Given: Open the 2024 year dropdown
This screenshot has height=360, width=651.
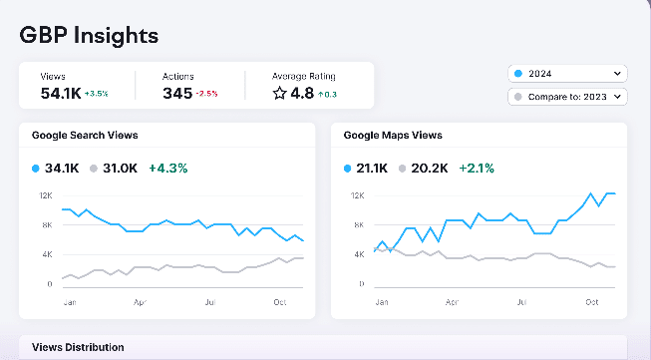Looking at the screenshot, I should pyautogui.click(x=566, y=74).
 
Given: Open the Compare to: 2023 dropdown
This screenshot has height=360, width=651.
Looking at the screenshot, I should pyautogui.click(x=566, y=97).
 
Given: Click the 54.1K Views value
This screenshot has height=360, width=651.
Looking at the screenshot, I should pyautogui.click(x=60, y=93).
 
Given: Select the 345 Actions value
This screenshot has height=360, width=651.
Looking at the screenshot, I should pyautogui.click(x=176, y=93).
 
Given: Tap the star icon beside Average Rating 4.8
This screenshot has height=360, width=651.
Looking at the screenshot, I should pyautogui.click(x=280, y=93).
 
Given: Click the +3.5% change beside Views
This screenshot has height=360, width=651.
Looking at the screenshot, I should pyautogui.click(x=97, y=94).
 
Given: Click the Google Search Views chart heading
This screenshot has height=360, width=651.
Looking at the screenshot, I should pyautogui.click(x=85, y=135).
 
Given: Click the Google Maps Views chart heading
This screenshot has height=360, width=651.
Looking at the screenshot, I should pyautogui.click(x=393, y=135).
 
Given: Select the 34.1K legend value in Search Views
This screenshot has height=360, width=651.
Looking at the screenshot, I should pyautogui.click(x=62, y=169).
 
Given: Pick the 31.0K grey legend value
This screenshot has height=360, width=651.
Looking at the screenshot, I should pyautogui.click(x=121, y=169).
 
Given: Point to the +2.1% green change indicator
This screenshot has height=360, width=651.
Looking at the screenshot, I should pyautogui.click(x=478, y=169).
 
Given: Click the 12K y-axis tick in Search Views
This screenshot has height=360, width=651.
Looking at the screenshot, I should pyautogui.click(x=46, y=195).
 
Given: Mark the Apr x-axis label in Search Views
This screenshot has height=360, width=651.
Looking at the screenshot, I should pyautogui.click(x=141, y=299).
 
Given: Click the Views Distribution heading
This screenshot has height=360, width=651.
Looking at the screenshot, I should pyautogui.click(x=78, y=347).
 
